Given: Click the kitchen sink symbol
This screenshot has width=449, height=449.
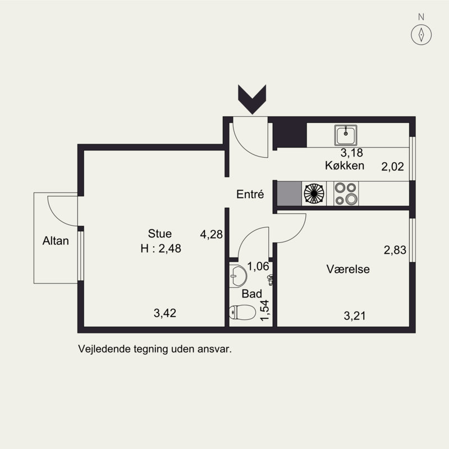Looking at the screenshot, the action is pos(346,135).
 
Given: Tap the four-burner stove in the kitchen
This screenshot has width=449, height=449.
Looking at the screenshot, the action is pos(346,194).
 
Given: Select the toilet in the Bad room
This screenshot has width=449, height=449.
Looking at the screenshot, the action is pos(242,312).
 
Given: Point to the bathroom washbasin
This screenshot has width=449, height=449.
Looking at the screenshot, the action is pos(237,276).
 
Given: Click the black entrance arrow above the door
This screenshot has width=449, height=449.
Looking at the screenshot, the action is pos(252,99).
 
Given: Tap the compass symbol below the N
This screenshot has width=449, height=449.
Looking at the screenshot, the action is pos(421,35).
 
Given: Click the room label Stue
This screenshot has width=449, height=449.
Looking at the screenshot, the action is pos(160,233).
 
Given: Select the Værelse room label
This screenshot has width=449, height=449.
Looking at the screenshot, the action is pos(348,269).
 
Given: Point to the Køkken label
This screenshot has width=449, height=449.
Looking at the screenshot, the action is pos(345,166).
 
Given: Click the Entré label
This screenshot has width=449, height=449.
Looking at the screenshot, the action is pos(250,194).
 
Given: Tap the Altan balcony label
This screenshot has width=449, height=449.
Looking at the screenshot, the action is pos(56,241).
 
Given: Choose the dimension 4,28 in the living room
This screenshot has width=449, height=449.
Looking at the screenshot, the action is pos(212,234).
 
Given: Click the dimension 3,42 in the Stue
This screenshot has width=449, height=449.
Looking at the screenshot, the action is pos(165,313).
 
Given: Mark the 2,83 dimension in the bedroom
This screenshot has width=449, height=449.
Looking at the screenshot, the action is pos(395,250).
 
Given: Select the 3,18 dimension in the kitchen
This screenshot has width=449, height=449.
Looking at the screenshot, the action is pos(352,153).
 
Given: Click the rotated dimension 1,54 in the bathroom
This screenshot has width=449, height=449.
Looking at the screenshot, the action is pos(264,310).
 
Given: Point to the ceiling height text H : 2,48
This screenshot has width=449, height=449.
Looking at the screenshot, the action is pos(161,248).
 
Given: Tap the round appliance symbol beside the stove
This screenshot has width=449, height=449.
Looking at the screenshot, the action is pos(314,194).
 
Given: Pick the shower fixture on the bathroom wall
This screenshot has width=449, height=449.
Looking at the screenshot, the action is pos(270,280).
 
